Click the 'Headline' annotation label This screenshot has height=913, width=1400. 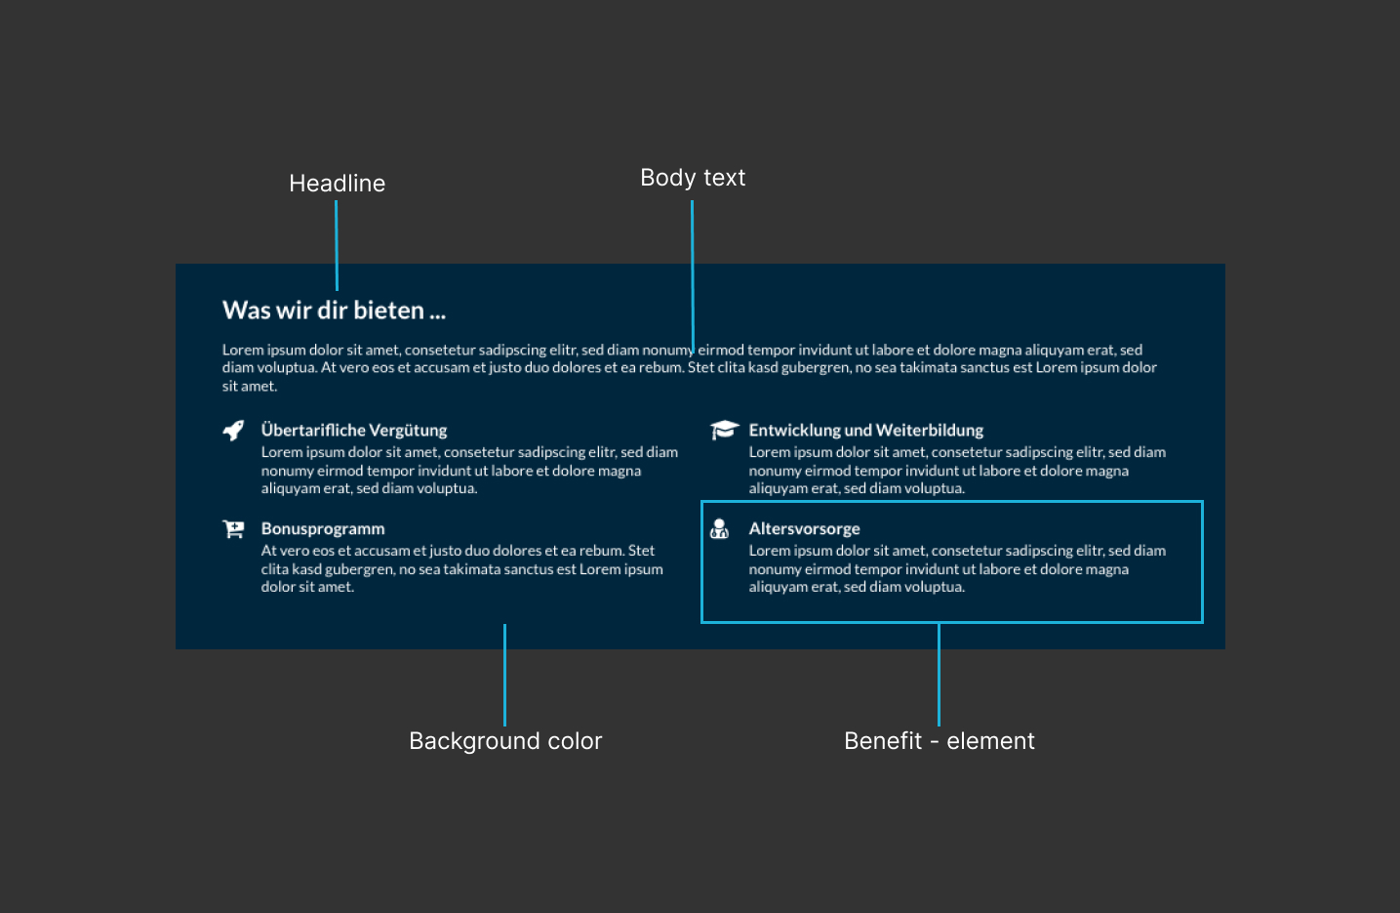tap(337, 184)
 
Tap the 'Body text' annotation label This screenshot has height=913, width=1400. tap(693, 178)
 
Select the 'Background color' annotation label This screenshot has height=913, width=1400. tap(505, 741)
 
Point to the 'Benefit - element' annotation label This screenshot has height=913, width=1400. tap(939, 741)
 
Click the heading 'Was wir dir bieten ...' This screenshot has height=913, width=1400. tap(334, 311)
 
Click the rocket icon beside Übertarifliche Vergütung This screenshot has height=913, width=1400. tap(233, 431)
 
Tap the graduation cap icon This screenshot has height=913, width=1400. tap(724, 430)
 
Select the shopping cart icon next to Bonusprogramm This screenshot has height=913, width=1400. tap(233, 529)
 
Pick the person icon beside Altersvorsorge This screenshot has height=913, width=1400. tap(719, 529)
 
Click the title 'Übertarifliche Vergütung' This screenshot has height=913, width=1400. tap(354, 431)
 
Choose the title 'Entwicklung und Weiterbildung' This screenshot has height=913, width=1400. tap(866, 431)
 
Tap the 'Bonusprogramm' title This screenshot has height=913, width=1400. tap(323, 529)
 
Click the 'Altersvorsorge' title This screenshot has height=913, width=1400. tap(804, 529)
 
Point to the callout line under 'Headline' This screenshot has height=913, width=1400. tap(337, 245)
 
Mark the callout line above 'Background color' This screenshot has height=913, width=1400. tap(505, 675)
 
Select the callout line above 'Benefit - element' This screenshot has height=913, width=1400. tap(939, 675)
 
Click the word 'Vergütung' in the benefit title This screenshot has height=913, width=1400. tap(408, 431)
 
